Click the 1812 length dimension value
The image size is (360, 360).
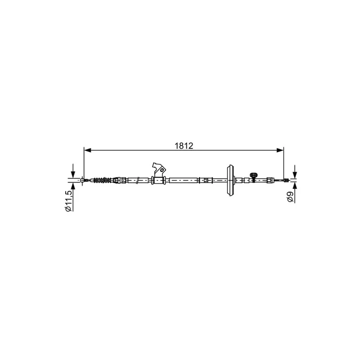[184, 146]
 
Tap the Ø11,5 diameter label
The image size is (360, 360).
[69, 201]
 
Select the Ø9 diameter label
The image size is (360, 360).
[290, 197]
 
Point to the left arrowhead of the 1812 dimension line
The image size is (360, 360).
[88, 150]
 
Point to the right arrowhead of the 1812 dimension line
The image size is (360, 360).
[280, 150]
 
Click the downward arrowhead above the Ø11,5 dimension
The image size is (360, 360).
[73, 174]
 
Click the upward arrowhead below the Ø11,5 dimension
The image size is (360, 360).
[73, 186]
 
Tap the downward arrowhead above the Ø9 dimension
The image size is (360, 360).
[295, 175]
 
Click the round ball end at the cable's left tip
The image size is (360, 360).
[82, 180]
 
